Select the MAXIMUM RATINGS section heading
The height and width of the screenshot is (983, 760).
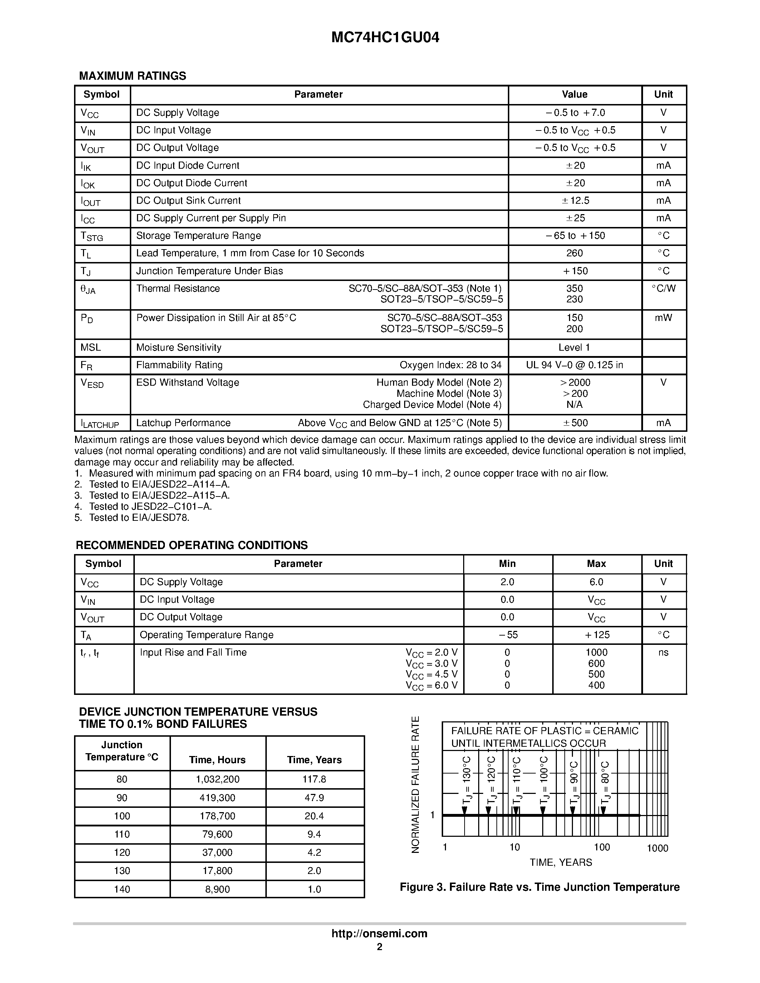132,76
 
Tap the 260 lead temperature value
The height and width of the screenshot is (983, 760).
574,253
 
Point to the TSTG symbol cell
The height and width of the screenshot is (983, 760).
92,236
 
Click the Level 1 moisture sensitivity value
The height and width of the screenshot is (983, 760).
574,347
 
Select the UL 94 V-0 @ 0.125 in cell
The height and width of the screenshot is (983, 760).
574,365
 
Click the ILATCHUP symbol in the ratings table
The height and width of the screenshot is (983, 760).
100,424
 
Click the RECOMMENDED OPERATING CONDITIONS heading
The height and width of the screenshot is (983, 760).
192,545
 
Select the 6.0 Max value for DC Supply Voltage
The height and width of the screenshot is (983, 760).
596,582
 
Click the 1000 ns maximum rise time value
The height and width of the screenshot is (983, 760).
596,652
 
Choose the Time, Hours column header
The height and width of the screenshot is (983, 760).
217,760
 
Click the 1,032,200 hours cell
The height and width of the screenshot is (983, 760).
217,779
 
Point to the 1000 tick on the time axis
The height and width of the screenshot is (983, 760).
657,849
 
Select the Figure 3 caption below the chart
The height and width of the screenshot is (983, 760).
539,887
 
